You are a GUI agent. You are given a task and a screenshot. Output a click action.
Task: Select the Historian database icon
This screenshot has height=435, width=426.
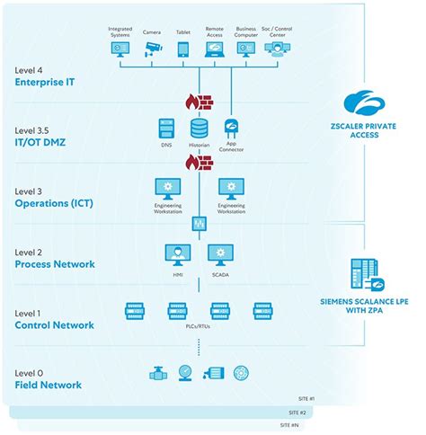coord(198,129)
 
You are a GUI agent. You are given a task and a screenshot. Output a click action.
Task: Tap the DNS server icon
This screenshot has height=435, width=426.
coord(165,129)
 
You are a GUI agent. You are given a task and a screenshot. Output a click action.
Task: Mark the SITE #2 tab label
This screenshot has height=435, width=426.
coord(297,412)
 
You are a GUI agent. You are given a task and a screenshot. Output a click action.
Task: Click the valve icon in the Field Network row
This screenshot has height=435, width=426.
coord(158,373)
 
